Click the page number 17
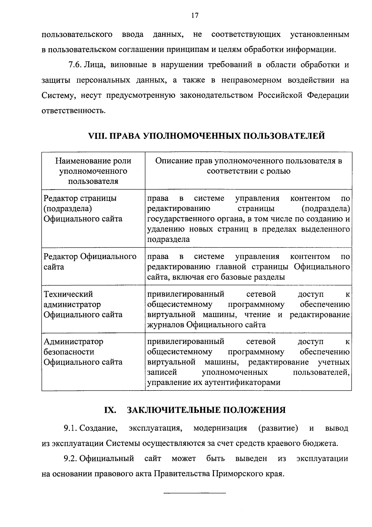[195, 16]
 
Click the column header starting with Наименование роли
[93, 171]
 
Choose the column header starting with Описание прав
[248, 166]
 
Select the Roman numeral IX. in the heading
[110, 410]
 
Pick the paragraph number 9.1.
[70, 428]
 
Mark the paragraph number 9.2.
[70, 458]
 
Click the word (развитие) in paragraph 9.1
[278, 428]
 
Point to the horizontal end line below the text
[195, 493]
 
